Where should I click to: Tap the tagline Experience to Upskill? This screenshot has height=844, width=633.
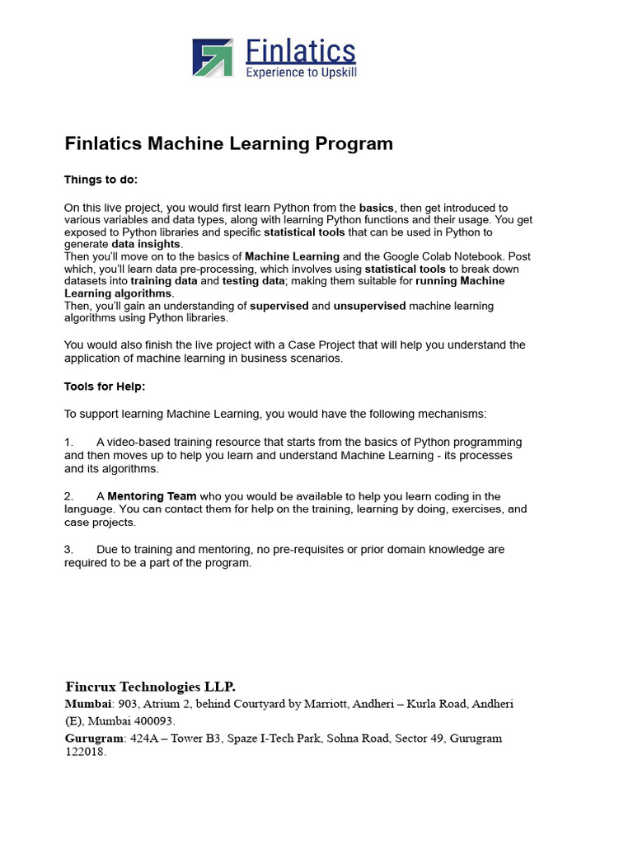coord(302,73)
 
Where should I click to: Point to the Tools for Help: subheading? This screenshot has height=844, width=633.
coord(105,386)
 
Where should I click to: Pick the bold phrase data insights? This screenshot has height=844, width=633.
coord(146,245)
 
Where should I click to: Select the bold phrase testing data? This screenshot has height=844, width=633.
coord(252,281)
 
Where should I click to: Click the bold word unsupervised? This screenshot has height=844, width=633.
coord(369,306)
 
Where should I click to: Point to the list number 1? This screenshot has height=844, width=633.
coord(69,443)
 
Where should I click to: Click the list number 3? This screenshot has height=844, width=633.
coord(69,549)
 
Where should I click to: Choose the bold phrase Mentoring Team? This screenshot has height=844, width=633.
coord(152,496)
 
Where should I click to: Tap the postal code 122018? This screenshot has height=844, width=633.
coord(84,752)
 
